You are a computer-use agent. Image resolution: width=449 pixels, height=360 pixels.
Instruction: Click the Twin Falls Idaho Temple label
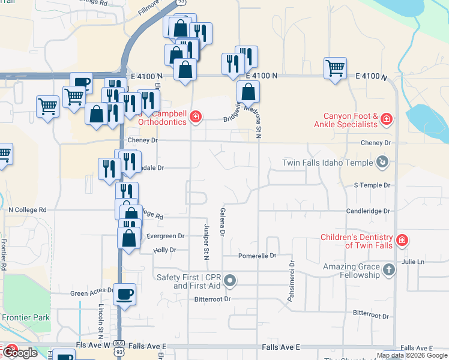tap(327, 163)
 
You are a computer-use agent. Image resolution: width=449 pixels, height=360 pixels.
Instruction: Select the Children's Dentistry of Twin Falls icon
tap(402, 241)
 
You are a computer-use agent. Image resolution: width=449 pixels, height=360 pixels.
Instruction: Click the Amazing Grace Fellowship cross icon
tap(388, 270)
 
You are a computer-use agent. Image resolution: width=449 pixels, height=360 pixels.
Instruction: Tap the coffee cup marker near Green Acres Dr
tap(124, 295)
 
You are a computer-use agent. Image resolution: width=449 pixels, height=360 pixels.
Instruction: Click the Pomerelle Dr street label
tap(256, 256)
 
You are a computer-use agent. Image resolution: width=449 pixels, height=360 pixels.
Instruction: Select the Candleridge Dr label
tap(368, 211)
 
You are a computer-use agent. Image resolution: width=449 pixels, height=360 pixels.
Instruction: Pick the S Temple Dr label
tap(372, 186)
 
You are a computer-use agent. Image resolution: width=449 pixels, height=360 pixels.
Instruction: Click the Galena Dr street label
tap(222, 221)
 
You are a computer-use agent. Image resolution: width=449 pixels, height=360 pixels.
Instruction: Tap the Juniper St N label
tap(206, 242)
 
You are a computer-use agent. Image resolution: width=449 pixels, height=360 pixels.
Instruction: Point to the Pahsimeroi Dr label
tap(292, 281)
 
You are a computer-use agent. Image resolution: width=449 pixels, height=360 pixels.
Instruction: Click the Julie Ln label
tap(413, 262)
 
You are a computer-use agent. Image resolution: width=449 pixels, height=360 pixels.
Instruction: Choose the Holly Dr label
tap(164, 250)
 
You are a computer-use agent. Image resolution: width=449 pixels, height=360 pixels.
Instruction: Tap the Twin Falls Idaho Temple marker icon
tap(382, 162)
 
